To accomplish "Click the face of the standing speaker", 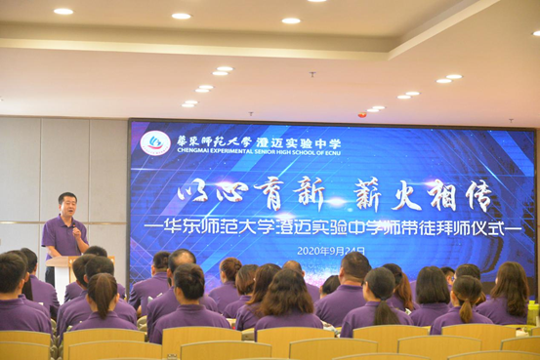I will [66, 208].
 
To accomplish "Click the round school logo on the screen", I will [155, 142].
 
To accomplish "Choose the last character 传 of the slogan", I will [477, 195].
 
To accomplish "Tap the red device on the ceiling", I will [361, 114].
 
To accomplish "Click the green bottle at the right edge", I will [533, 312].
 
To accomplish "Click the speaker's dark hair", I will [66, 198].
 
